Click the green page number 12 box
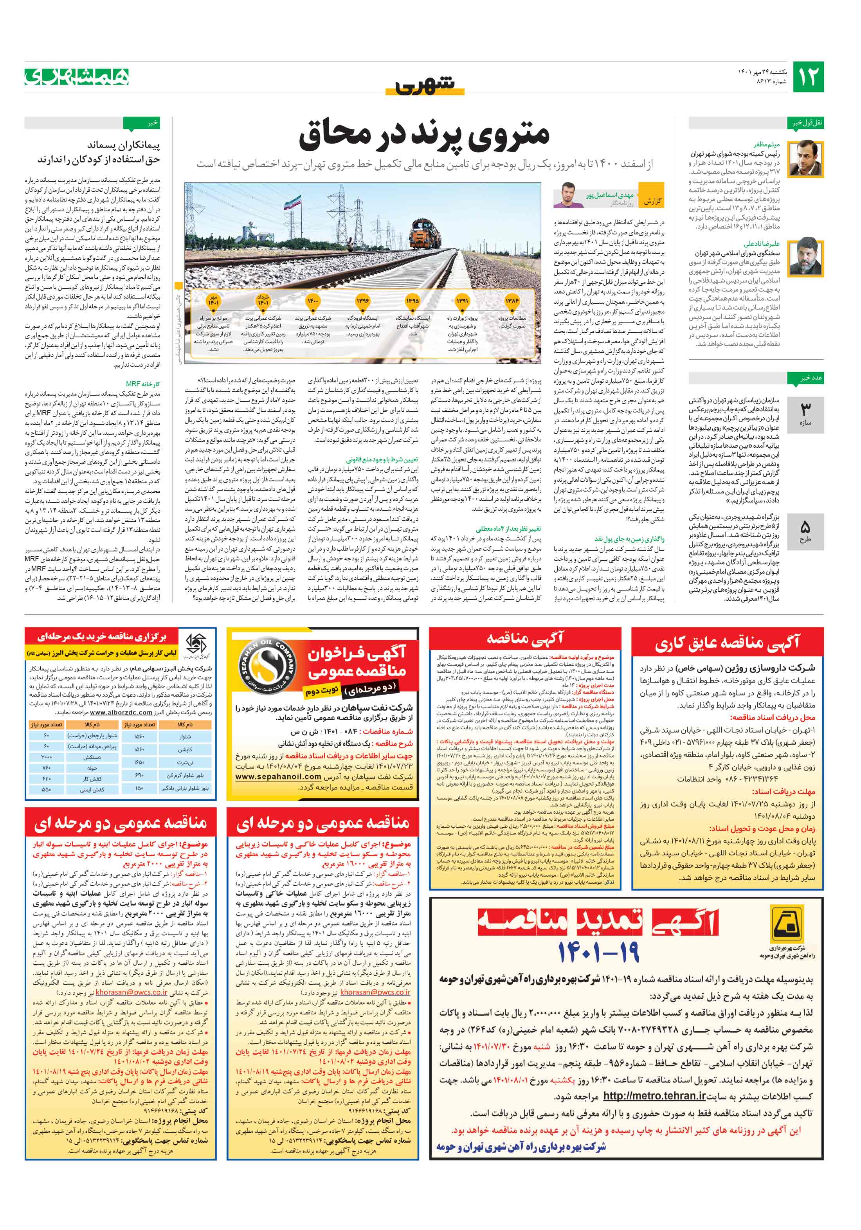[x=807, y=77]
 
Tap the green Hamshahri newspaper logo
[x=77, y=77]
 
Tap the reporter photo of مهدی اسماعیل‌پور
[x=569, y=195]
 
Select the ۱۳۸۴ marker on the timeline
[x=512, y=301]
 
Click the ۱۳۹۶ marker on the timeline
[x=363, y=301]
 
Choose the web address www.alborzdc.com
[x=121, y=713]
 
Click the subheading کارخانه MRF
[x=143, y=384]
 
